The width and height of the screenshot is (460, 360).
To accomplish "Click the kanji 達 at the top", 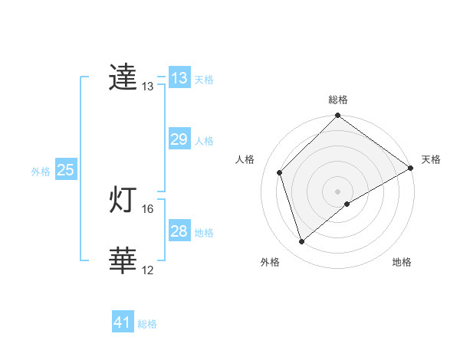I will tap(123, 78).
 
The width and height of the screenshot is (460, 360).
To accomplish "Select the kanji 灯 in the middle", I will tap(123, 201).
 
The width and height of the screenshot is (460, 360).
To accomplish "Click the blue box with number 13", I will tap(179, 78).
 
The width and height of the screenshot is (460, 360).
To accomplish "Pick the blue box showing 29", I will tap(179, 139).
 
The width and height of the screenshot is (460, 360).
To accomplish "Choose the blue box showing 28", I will tap(179, 231).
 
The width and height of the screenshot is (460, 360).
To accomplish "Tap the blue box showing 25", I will tap(66, 170).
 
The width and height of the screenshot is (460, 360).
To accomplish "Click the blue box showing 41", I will tap(123, 322).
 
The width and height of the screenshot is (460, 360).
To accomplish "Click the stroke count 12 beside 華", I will tap(148, 270).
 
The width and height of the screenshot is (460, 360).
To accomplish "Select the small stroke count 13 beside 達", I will tap(148, 87).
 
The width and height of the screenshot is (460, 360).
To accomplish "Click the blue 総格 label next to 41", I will tap(147, 324).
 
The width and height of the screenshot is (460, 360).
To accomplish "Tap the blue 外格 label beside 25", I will tap(41, 172).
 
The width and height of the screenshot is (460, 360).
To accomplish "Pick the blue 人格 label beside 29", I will tap(204, 141).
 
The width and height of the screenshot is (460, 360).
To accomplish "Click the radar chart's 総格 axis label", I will tap(338, 100).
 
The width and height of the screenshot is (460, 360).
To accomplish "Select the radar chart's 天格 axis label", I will tap(431, 159).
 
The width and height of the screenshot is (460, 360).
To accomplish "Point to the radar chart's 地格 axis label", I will tap(402, 262).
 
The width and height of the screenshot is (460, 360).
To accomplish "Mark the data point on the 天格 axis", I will tap(411, 168).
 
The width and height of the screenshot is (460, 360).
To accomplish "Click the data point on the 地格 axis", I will tap(347, 204).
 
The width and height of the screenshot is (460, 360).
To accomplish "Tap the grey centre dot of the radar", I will tap(337, 191).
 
